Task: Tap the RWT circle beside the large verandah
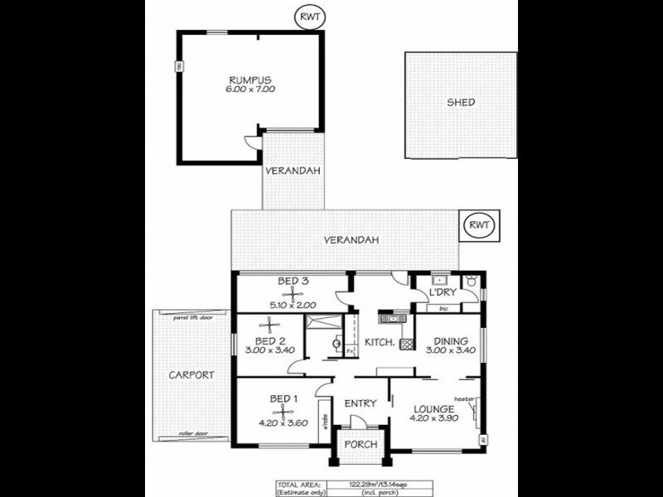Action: point(478,224)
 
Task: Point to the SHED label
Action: point(460,103)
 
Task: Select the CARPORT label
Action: point(191,375)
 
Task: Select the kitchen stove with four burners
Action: point(406,344)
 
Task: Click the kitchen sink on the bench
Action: point(390,316)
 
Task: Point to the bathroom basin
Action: point(337,342)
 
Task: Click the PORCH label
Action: point(361,445)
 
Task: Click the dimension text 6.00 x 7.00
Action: point(251,89)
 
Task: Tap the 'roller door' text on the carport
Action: point(191,433)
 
